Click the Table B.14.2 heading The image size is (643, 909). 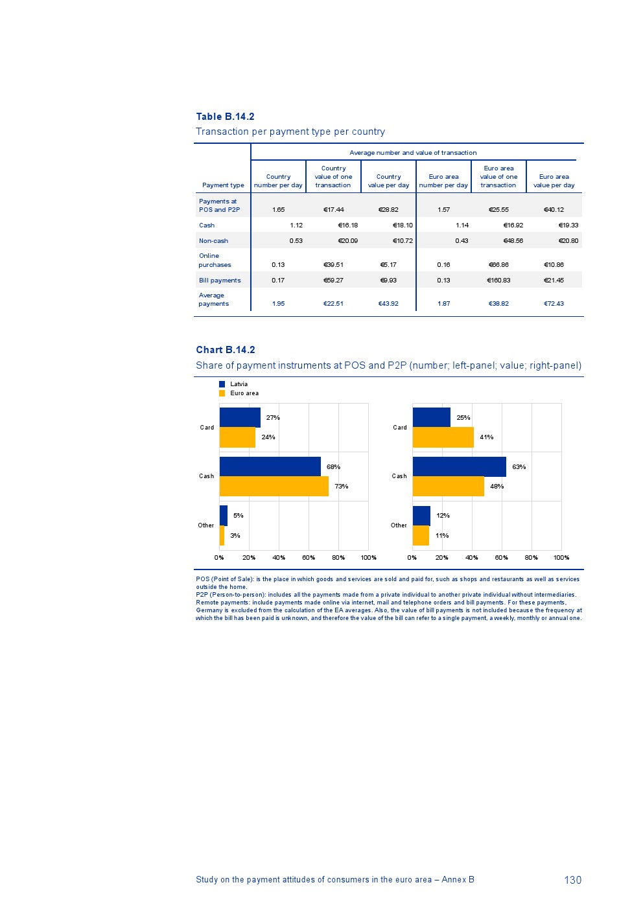click(225, 117)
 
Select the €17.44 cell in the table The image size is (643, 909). click(334, 210)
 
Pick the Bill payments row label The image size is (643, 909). click(220, 281)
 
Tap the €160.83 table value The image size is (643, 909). click(498, 281)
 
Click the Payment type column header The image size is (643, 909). click(223, 185)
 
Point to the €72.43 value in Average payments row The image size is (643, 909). click(554, 304)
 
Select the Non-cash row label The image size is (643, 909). click(213, 241)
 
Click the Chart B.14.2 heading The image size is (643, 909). click(226, 350)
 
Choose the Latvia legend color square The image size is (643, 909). click(222, 384)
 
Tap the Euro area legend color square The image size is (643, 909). click(222, 393)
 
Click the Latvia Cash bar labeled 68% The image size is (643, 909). click(270, 466)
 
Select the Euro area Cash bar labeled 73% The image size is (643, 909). click(274, 487)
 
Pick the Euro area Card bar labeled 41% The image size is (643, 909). click(443, 437)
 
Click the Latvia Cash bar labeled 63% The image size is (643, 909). click(459, 466)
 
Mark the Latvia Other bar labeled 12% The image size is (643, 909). click(421, 516)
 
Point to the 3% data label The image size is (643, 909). click(235, 536)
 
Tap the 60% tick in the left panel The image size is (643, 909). click(309, 558)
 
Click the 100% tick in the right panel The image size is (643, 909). click(561, 558)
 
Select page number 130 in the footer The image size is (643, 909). click(572, 880)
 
